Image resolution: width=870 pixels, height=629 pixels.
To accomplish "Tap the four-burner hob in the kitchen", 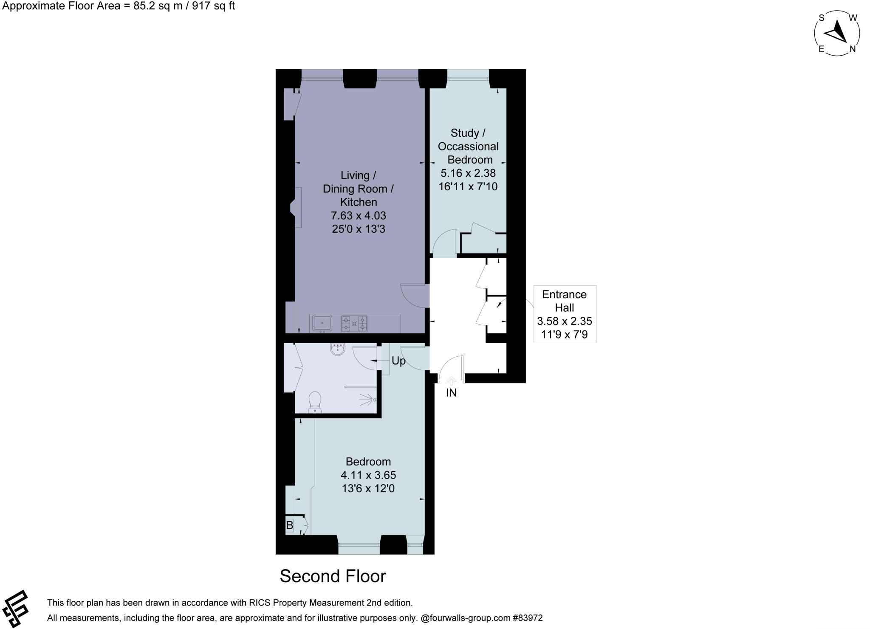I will coord(354,324).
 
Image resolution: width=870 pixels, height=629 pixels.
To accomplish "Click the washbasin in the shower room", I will coord(337,349).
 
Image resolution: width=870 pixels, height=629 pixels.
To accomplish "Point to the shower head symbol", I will coord(368,400).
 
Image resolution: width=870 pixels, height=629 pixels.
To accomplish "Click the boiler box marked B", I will coord(290,525).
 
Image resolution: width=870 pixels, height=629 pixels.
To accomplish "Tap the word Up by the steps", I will coord(398,361).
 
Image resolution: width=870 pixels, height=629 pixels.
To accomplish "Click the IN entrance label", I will coord(451,393).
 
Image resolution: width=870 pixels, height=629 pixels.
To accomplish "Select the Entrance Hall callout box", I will coord(565,314).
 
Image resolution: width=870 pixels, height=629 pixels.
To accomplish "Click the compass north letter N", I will coord(852,49).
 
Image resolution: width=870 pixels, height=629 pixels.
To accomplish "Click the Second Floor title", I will coord(333,576).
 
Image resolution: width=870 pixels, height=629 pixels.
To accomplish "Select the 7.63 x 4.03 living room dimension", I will coord(358,216).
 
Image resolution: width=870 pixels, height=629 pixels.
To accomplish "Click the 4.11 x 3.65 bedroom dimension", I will coord(368,475).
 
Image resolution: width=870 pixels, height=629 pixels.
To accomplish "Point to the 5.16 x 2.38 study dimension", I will coord(468,173).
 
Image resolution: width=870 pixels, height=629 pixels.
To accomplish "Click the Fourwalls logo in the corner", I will coord(15,609).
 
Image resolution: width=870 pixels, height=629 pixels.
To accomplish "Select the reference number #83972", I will coord(528,618).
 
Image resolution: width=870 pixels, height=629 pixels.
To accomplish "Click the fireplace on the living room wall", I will coord(296,208).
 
